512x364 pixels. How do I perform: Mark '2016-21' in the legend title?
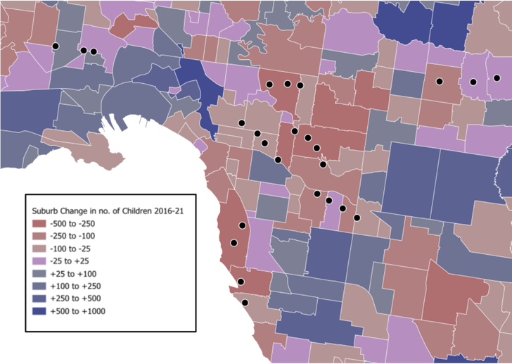point(174,209)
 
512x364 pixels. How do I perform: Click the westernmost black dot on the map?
point(55,46)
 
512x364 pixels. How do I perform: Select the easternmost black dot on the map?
point(496,78)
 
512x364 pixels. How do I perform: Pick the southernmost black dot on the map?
point(245,303)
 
